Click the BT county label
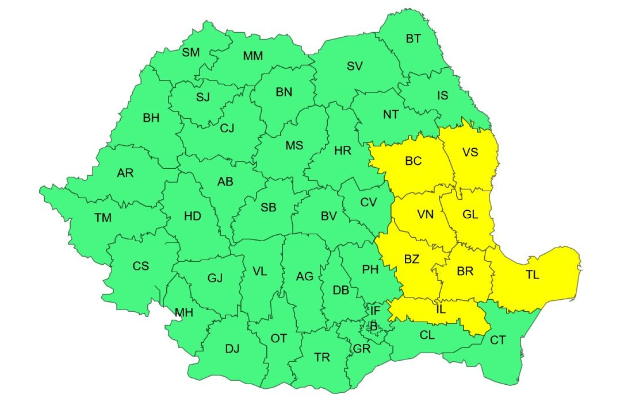click(413, 39)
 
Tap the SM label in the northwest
click(191, 53)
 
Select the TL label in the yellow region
click(532, 275)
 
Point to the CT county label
click(497, 341)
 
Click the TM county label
click(103, 218)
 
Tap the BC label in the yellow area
click(413, 161)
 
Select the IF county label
click(374, 311)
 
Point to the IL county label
click(441, 310)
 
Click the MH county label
click(184, 313)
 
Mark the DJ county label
click(232, 349)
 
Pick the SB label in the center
click(268, 208)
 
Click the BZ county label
click(411, 260)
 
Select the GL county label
click(470, 214)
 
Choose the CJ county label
click(227, 128)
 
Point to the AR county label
click(125, 173)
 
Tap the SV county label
click(354, 66)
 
